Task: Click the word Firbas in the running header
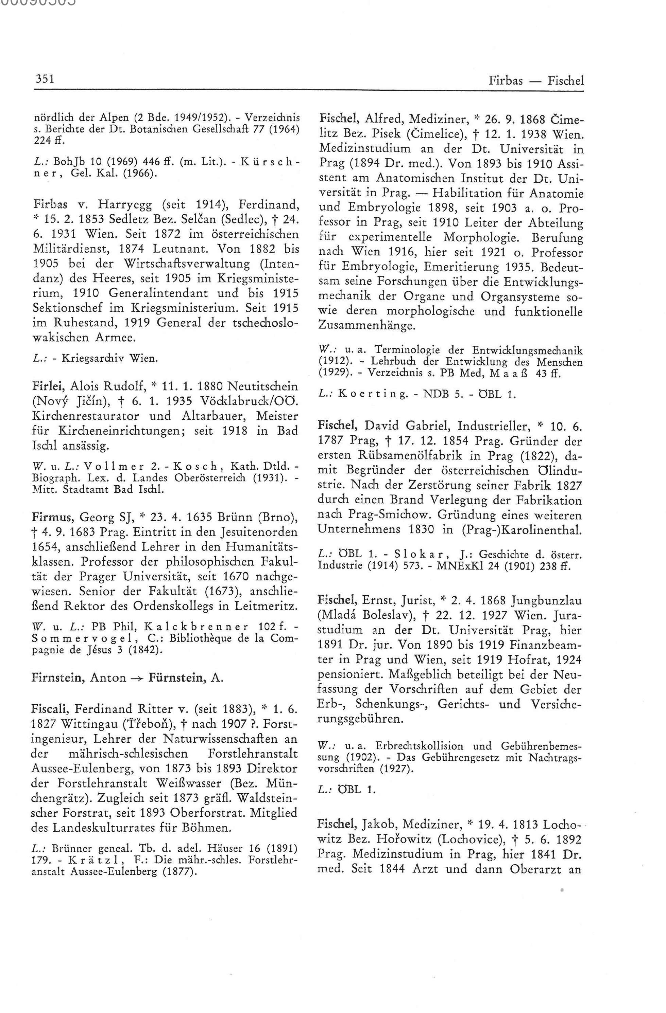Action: click(x=506, y=80)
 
